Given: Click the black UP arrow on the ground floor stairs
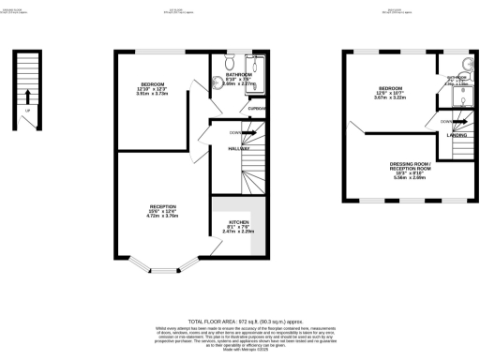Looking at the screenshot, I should click(29, 95).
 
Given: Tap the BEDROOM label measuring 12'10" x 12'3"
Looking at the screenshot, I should click(152, 85).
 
